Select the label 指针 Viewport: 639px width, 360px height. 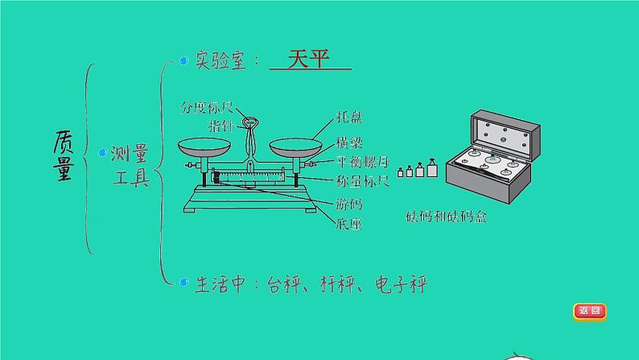coord(222,126)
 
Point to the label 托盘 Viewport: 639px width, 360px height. coord(349,118)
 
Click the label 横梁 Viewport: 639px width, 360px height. coord(349,143)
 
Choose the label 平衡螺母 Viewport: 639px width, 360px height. coord(361,163)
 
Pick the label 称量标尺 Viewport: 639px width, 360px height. coord(361,181)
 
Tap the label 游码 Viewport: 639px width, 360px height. coord(349,205)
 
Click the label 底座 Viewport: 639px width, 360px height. coord(349,224)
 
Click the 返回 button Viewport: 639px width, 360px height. coord(589,311)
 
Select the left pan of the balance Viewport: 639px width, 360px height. coord(202,148)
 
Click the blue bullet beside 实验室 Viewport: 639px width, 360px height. coord(184,60)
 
